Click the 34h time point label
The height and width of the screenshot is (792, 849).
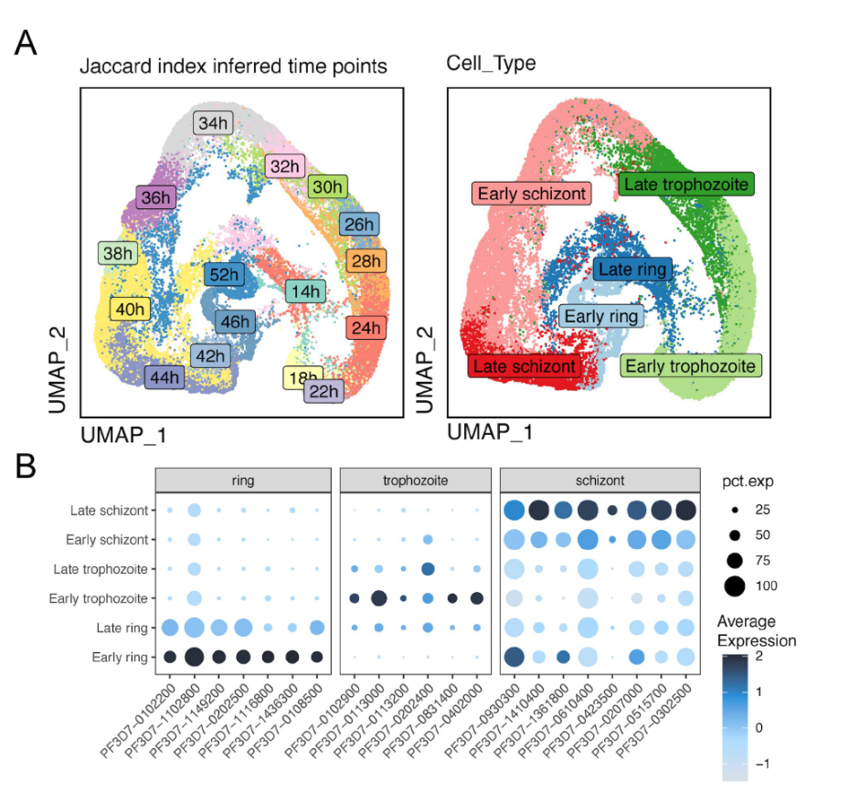coord(212,122)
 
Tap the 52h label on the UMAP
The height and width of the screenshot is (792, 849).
coord(225,273)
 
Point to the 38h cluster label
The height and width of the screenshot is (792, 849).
coord(117,253)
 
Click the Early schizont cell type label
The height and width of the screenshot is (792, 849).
coord(532,194)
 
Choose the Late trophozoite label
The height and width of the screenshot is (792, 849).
coord(685,185)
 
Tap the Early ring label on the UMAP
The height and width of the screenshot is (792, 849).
coord(600,317)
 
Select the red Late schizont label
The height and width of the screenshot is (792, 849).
coord(525,366)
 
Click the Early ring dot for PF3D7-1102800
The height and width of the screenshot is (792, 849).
coord(194,657)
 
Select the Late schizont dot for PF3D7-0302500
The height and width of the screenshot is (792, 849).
coord(685,510)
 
